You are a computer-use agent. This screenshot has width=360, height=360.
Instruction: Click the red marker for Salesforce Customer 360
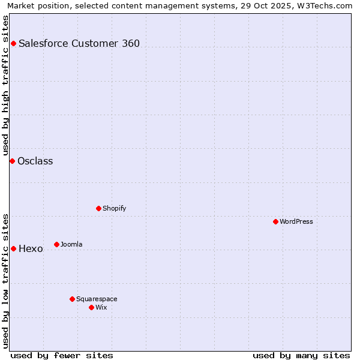coord(13,43)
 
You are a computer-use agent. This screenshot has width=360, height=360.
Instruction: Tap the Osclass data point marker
coord(12,161)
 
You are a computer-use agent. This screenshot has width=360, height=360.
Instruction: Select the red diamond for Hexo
coord(13,248)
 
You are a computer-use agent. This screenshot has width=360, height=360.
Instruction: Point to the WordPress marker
coord(275,221)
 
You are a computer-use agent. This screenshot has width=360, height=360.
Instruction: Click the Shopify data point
coord(98,208)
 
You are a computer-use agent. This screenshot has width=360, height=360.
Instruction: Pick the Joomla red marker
coord(56,244)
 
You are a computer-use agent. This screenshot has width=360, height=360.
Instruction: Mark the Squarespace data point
coord(72,299)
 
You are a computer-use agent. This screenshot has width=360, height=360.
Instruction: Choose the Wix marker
coord(91,307)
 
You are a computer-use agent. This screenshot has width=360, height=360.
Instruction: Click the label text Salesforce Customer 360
coord(79,43)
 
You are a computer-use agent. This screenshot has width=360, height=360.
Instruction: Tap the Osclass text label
coord(35,161)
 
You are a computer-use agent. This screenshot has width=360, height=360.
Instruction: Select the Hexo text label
coord(31,248)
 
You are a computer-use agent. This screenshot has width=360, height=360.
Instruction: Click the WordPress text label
coord(296,221)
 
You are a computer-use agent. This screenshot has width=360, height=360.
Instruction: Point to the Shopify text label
coord(115,208)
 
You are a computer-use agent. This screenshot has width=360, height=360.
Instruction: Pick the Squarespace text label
coord(97,299)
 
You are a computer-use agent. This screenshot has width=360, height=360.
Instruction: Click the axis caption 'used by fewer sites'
coord(62,355)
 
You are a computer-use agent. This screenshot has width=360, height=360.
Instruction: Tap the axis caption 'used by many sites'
coord(301,355)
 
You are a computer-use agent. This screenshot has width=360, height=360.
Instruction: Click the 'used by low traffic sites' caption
coord(5,280)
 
